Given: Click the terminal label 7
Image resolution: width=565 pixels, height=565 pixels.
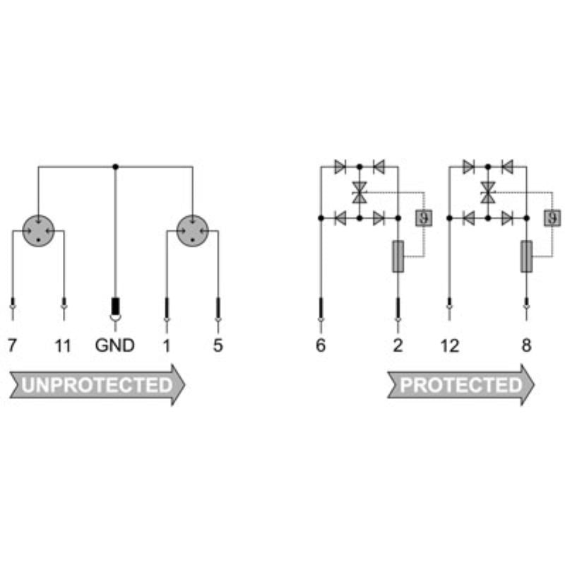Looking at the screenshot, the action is point(12,345).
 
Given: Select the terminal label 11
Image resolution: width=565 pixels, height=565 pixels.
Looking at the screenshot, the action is point(63,345).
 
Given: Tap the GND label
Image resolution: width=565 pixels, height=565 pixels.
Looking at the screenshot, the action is point(115,345).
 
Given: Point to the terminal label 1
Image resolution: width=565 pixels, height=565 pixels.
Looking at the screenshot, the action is point(166,345).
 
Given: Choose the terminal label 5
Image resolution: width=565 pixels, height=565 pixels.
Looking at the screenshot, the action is point(218,345).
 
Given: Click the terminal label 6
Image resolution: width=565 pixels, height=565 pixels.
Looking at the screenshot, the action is point(321,345).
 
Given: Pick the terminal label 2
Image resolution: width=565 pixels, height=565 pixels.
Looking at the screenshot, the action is point(398,345).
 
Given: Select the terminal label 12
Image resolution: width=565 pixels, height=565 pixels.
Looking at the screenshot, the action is point(450,345).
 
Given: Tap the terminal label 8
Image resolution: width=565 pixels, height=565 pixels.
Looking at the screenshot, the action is point(526,345).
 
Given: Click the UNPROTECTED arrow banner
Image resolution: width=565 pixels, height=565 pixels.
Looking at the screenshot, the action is point(97,385).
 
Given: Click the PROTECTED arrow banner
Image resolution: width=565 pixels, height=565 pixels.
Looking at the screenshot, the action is point(461,385).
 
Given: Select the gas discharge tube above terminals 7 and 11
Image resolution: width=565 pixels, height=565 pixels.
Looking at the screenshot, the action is point(39,231).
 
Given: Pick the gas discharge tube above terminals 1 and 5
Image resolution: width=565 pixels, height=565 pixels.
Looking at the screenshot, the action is point(193,231).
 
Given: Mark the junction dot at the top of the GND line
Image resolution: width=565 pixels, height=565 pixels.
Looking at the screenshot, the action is point(115,167).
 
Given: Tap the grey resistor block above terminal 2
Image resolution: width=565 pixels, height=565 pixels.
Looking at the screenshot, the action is point(398,256).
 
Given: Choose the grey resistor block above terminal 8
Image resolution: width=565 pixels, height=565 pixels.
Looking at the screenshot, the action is point(526,256).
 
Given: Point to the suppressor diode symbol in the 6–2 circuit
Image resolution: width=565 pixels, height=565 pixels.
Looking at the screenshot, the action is point(359,192).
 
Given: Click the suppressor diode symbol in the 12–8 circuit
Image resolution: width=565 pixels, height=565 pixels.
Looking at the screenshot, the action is point(488,192).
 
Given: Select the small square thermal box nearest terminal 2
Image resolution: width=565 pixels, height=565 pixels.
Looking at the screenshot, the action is point(424,218).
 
